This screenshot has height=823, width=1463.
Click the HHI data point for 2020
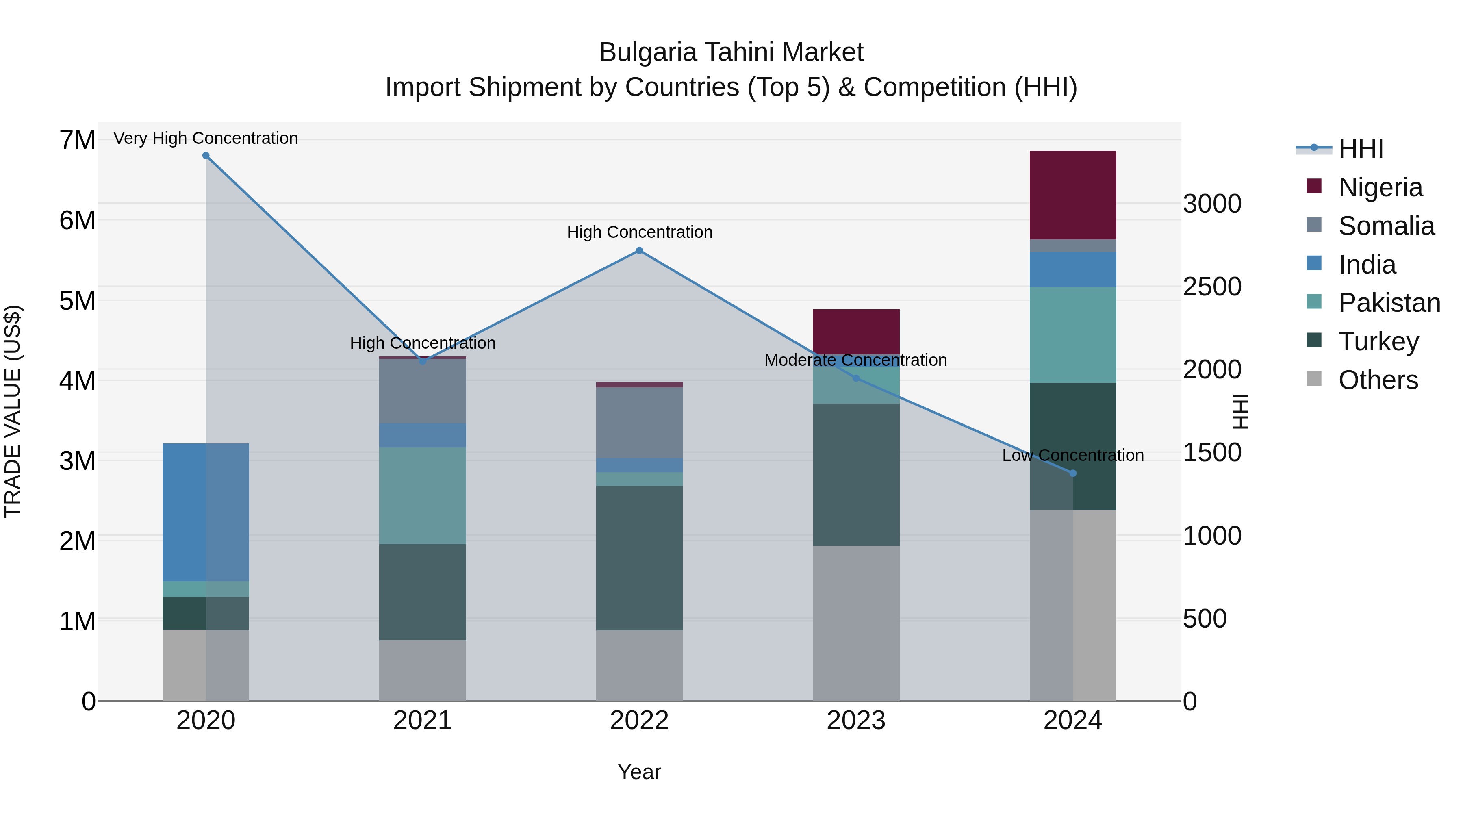[206, 156]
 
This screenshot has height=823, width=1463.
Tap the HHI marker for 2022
[639, 250]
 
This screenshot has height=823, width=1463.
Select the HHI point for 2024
[1072, 473]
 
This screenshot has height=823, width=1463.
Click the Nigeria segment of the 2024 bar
[1072, 195]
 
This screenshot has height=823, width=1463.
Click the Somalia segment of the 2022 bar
[639, 423]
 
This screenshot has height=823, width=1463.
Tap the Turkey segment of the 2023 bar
[856, 475]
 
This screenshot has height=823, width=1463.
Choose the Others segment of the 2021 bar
[423, 670]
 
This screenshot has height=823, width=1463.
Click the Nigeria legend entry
[1380, 187]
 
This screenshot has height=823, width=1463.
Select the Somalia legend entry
[1386, 226]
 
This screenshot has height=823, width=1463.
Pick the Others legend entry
[1378, 380]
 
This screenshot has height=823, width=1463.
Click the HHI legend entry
[1361, 149]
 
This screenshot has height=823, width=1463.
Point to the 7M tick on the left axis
[77, 140]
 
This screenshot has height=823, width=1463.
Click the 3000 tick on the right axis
[1212, 204]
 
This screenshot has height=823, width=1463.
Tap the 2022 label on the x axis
[639, 721]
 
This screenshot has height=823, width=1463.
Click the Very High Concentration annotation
[206, 138]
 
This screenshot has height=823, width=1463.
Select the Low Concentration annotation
[1072, 455]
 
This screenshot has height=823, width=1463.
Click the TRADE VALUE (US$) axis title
[13, 411]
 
